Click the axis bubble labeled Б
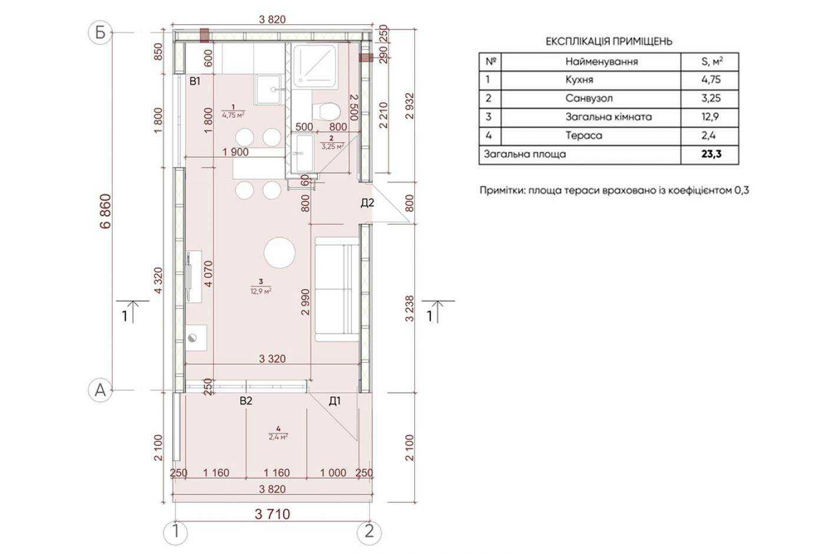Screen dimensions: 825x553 100,33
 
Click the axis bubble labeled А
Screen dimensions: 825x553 100,390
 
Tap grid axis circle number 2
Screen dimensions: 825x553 369,532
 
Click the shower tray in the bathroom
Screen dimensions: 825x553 316,66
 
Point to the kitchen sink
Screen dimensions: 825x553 269,90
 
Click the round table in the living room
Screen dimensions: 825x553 279,253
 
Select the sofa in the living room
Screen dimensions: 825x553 336,289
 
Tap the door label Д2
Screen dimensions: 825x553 367,203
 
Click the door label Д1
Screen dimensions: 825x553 335,401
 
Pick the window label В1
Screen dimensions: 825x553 195,81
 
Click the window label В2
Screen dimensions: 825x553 246,401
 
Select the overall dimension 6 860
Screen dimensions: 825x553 105,211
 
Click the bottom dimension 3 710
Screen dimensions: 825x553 272,514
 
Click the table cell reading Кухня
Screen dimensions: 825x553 579,80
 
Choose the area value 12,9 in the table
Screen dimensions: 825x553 711,117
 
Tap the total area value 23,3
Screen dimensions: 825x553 711,154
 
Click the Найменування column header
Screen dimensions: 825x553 602,61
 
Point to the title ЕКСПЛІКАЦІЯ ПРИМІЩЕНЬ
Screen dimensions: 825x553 609,41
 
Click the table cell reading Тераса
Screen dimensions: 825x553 584,135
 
